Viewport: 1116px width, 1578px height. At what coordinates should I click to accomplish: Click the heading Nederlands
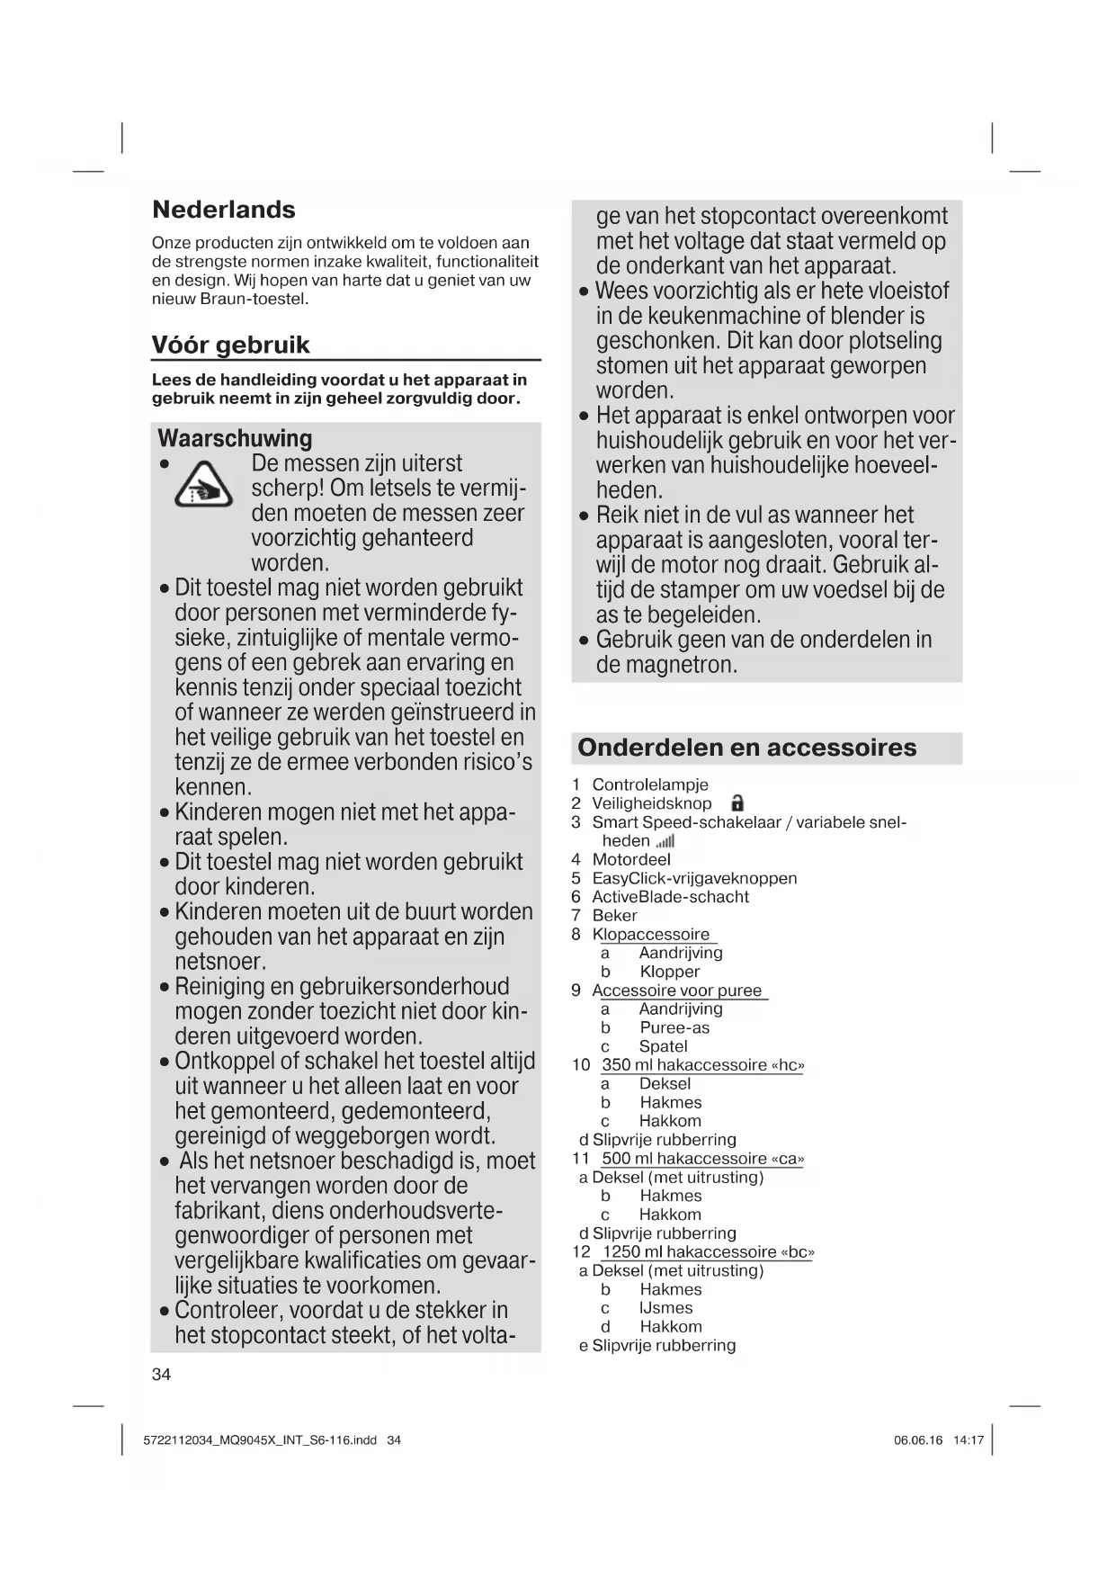pyautogui.click(x=223, y=210)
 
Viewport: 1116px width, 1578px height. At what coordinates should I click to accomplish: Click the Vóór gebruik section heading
pyautogui.click(x=230, y=345)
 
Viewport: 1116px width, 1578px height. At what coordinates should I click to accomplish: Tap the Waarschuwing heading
pyautogui.click(x=235, y=438)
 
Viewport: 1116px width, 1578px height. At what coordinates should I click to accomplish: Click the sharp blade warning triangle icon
pyautogui.click(x=203, y=486)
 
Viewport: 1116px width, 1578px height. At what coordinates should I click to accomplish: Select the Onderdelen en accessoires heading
pyautogui.click(x=746, y=748)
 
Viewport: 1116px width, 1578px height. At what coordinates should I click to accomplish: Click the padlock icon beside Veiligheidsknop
pyautogui.click(x=737, y=803)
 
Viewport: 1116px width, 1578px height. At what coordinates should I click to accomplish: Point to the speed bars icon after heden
pyautogui.click(x=665, y=841)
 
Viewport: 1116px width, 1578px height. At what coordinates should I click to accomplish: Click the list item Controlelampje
pyautogui.click(x=649, y=785)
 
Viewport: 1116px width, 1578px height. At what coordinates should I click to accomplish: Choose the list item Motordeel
pyautogui.click(x=630, y=859)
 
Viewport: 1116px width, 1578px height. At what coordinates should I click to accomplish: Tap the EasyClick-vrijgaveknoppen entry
pyautogui.click(x=693, y=878)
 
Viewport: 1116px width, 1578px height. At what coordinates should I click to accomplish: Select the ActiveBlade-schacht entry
pyautogui.click(x=670, y=897)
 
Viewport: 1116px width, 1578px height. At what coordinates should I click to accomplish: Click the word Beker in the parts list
pyautogui.click(x=614, y=915)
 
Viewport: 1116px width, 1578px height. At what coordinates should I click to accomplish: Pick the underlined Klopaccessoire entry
pyautogui.click(x=650, y=934)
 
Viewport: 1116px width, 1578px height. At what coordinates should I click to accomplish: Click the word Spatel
pyautogui.click(x=663, y=1046)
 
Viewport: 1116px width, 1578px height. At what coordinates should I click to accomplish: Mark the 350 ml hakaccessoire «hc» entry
pyautogui.click(x=702, y=1065)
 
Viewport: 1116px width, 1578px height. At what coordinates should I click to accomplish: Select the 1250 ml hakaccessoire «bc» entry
pyautogui.click(x=708, y=1252)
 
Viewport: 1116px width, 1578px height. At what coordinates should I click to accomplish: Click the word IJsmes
pyautogui.click(x=665, y=1308)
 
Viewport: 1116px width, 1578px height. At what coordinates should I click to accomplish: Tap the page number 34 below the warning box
pyautogui.click(x=161, y=1375)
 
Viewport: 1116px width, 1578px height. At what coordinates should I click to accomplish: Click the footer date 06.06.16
pyautogui.click(x=918, y=1440)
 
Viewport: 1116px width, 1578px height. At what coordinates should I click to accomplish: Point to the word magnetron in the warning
pyautogui.click(x=666, y=665)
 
